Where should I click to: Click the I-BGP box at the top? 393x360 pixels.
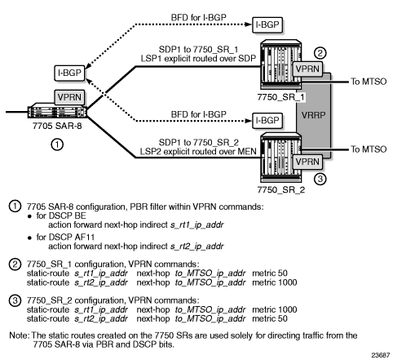[x=267, y=25]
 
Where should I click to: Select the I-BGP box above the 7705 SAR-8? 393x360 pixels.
[x=69, y=73]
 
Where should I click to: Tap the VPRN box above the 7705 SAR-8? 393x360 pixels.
[x=69, y=97]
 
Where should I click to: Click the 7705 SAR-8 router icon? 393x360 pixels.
[x=57, y=111]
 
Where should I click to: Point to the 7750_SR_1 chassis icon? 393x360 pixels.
[x=280, y=64]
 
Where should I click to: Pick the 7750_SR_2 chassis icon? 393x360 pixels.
[x=280, y=158]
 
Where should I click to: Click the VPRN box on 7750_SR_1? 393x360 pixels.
[x=307, y=69]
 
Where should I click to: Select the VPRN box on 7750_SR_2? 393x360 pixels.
[x=307, y=162]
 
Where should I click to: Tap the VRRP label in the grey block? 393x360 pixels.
[x=313, y=115]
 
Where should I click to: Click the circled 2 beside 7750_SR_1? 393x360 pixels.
[x=320, y=53]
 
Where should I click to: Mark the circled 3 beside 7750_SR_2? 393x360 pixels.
[x=320, y=179]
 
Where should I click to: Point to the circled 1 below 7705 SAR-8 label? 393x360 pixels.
[x=57, y=144]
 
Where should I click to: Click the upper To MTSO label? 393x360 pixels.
[x=369, y=82]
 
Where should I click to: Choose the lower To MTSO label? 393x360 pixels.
[x=369, y=149]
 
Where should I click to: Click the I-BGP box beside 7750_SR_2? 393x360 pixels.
[x=267, y=121]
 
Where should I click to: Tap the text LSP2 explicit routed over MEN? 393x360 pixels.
[x=198, y=152]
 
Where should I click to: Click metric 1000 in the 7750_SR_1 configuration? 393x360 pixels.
[x=275, y=282]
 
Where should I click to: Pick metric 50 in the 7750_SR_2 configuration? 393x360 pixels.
[x=270, y=318]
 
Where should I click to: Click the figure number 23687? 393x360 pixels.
[x=381, y=355]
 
